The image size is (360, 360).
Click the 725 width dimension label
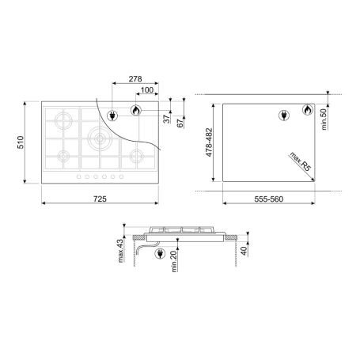tap(100, 199)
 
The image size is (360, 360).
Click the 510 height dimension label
tap(21, 142)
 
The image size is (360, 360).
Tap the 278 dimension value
tap(135, 79)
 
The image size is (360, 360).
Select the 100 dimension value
tap(147, 90)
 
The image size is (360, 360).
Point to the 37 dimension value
tap(167, 119)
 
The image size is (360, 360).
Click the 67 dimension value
tap(180, 123)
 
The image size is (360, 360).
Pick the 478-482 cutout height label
tap(209, 142)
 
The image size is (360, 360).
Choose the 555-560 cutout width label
tap(269, 199)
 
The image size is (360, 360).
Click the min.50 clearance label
tap(324, 119)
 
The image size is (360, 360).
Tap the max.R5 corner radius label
tap(301, 161)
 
